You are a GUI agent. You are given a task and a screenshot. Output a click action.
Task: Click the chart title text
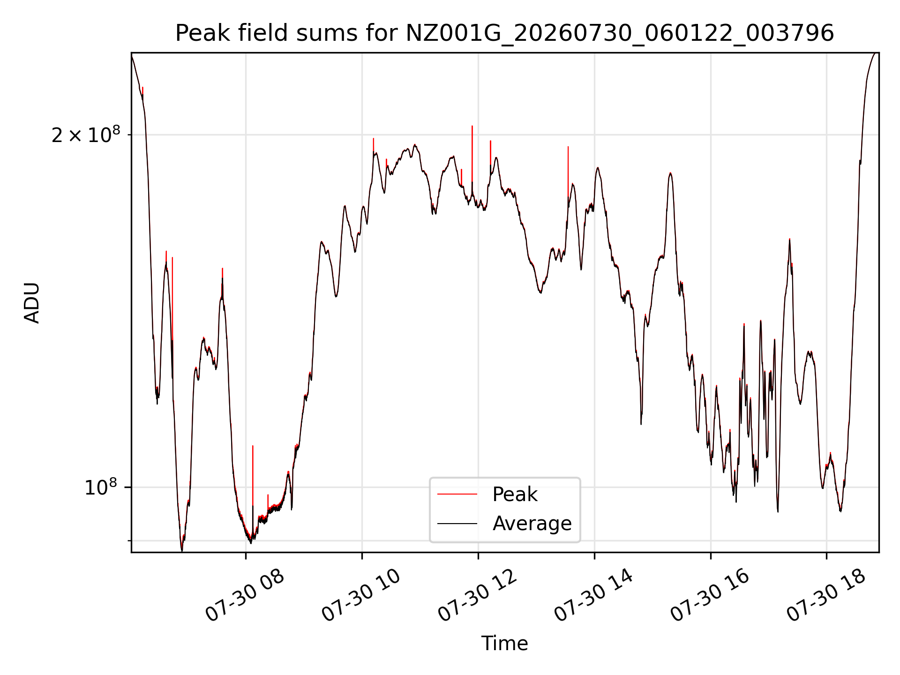[504, 33]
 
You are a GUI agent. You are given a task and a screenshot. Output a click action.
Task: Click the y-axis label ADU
[32, 303]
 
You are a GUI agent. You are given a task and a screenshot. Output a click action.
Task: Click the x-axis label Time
[504, 644]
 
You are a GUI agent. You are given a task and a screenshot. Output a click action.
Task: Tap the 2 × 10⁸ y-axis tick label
[86, 135]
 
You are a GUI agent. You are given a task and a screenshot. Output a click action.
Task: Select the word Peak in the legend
[515, 495]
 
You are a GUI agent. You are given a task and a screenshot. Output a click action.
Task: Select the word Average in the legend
[532, 524]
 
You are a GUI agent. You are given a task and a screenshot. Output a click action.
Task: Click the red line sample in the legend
[457, 495]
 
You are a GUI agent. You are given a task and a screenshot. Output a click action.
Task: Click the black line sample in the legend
[457, 524]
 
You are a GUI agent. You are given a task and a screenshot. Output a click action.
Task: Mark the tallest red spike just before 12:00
[472, 155]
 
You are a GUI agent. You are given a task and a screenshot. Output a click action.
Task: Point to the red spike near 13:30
[568, 173]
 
